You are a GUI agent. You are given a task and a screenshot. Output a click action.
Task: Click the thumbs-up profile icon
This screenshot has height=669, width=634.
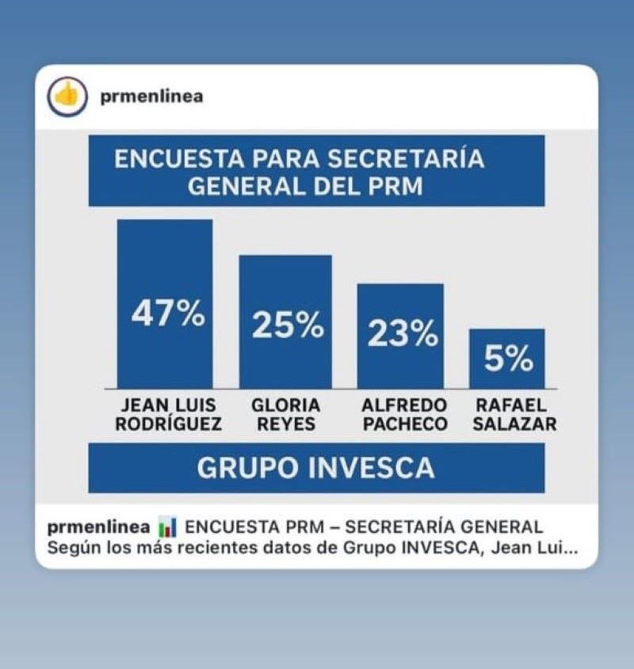pyautogui.click(x=68, y=97)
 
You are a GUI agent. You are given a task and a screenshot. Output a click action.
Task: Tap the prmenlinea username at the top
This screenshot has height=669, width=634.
pyautogui.click(x=153, y=97)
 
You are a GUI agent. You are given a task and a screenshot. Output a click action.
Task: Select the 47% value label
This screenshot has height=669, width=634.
pyautogui.click(x=167, y=314)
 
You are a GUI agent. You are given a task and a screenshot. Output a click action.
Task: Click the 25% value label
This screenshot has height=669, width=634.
pyautogui.click(x=287, y=325)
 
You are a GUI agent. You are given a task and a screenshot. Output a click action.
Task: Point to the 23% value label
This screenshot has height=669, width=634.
pyautogui.click(x=402, y=335)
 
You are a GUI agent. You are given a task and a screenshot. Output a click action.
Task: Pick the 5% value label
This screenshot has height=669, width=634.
pyautogui.click(x=509, y=360)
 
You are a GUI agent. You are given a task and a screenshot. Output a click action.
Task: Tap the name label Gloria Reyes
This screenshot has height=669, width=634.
pyautogui.click(x=285, y=415)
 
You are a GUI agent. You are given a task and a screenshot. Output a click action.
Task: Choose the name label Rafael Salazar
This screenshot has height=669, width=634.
pyautogui.click(x=514, y=415)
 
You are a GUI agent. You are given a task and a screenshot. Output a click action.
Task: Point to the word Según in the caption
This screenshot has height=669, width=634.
pyautogui.click(x=69, y=548)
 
